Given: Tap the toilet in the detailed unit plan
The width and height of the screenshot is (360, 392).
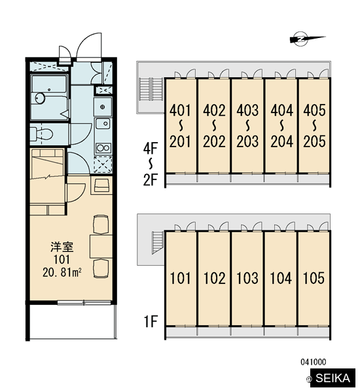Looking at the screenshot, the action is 42,134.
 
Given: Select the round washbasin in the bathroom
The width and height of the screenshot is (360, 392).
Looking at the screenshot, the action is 39,98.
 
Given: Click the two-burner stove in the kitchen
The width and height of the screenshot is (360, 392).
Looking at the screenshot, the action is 103,148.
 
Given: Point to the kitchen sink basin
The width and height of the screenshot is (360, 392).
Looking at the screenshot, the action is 103,124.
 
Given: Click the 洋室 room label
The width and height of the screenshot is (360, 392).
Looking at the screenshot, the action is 62,247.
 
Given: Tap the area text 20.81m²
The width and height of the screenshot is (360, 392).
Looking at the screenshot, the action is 62,272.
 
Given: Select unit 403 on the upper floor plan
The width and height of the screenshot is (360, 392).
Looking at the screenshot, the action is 247,110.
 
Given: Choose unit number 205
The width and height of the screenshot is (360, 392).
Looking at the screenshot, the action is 314,141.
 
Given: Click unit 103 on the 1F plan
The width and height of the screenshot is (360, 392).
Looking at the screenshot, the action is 247,278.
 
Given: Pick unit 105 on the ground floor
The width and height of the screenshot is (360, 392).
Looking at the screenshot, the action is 314,278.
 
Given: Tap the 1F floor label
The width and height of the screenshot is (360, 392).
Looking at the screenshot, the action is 151,321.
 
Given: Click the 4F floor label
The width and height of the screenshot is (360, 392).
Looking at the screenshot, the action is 151,149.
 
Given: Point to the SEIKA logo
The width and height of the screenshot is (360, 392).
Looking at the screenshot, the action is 333,378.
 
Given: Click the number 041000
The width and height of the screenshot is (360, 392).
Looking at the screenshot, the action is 314,362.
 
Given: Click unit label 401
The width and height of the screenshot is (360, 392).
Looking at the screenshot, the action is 180,110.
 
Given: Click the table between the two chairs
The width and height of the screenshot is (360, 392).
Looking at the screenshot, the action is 101,246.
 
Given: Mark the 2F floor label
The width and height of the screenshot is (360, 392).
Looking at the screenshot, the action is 151,180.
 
